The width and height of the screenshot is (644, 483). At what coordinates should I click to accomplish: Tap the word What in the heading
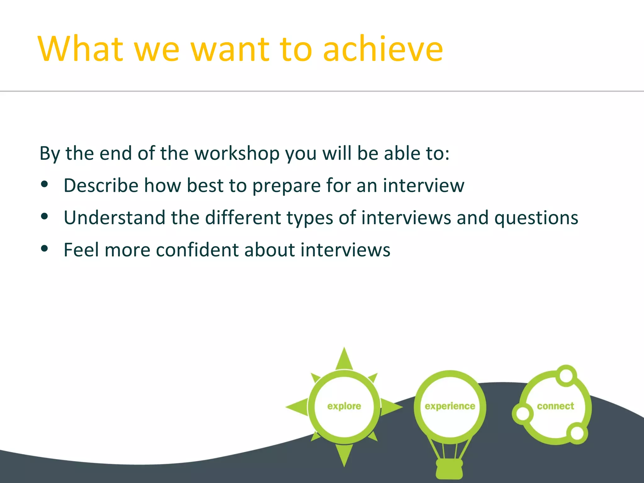(x=80, y=49)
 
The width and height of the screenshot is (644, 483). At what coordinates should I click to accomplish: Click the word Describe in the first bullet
(x=101, y=186)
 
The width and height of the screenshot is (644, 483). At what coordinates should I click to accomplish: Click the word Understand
(x=114, y=218)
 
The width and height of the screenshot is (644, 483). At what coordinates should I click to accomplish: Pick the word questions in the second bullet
(x=536, y=218)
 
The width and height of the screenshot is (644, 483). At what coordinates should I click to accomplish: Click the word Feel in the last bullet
(x=81, y=250)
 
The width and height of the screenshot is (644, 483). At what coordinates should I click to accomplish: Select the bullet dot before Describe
(x=44, y=185)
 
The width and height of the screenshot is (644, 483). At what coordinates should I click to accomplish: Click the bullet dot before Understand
(x=44, y=216)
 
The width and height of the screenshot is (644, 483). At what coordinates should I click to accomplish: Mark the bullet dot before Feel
(x=44, y=249)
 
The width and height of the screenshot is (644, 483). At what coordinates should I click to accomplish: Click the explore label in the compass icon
(x=344, y=406)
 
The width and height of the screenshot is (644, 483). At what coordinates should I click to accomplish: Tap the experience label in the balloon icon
(x=450, y=406)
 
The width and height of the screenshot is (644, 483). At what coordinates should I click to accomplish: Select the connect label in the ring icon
(x=555, y=406)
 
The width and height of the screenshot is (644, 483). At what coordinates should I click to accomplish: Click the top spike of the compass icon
(x=344, y=358)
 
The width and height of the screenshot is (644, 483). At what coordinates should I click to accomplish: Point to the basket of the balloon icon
(x=449, y=469)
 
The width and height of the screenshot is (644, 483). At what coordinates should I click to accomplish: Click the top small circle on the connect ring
(x=566, y=375)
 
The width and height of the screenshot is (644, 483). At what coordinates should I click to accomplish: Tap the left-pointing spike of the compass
(x=297, y=407)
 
